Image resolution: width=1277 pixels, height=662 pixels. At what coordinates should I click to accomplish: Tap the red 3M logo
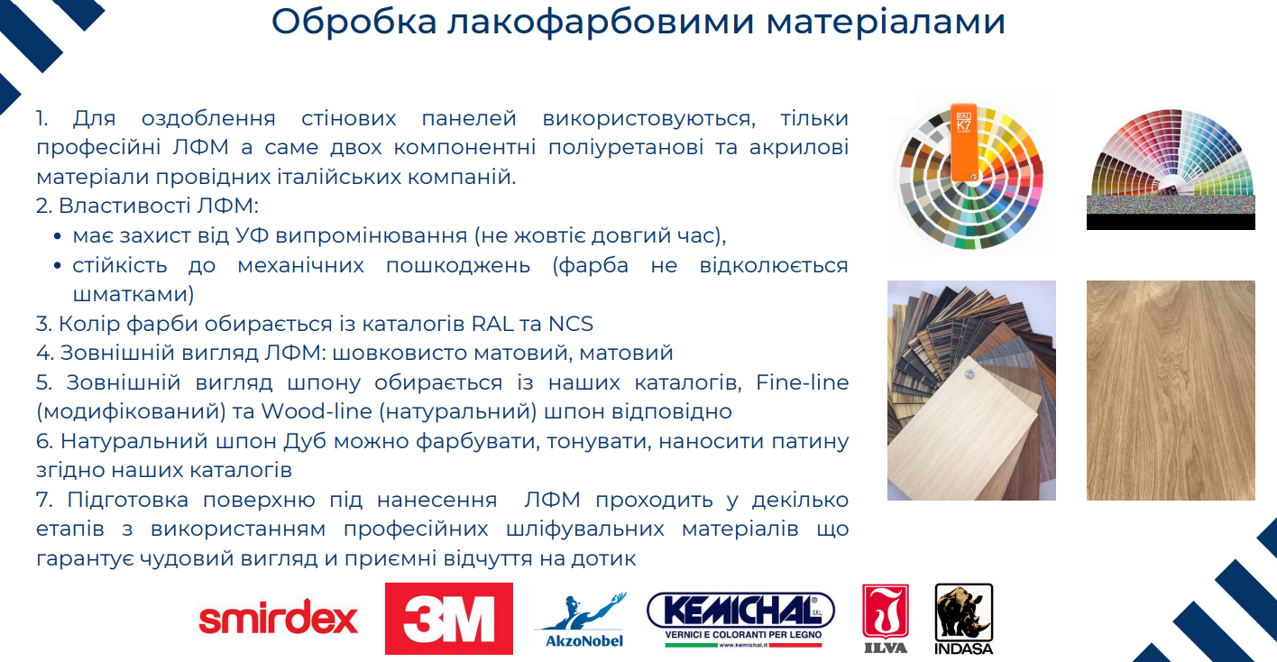pyautogui.click(x=448, y=619)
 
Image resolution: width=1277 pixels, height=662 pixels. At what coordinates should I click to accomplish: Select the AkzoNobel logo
pyautogui.click(x=581, y=621)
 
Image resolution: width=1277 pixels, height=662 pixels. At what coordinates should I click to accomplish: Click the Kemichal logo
pyautogui.click(x=740, y=620)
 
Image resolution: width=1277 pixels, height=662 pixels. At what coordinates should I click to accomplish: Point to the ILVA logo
pyautogui.click(x=886, y=619)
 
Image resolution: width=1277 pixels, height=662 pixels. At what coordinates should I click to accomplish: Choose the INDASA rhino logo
pyautogui.click(x=964, y=619)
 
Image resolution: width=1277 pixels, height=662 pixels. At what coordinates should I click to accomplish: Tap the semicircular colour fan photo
pyautogui.click(x=1171, y=170)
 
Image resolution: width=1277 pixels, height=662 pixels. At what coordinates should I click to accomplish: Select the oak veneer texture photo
pyautogui.click(x=1171, y=391)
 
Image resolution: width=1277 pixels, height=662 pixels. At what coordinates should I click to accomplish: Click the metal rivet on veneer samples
pyautogui.click(x=969, y=374)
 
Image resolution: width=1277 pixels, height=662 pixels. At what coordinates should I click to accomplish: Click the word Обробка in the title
pyautogui.click(x=354, y=22)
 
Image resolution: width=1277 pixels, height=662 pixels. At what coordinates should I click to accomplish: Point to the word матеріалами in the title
pyautogui.click(x=886, y=23)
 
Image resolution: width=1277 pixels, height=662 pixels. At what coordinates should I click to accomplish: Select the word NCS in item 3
pyautogui.click(x=571, y=324)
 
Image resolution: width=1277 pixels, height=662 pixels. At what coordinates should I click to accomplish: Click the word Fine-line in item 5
pyautogui.click(x=802, y=382)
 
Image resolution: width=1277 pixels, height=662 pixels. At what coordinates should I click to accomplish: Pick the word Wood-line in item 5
pyautogui.click(x=317, y=411)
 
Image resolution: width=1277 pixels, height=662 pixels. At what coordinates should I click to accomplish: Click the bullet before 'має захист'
pyautogui.click(x=57, y=236)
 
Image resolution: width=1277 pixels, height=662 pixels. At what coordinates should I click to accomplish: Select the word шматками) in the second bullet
pyautogui.click(x=133, y=294)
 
